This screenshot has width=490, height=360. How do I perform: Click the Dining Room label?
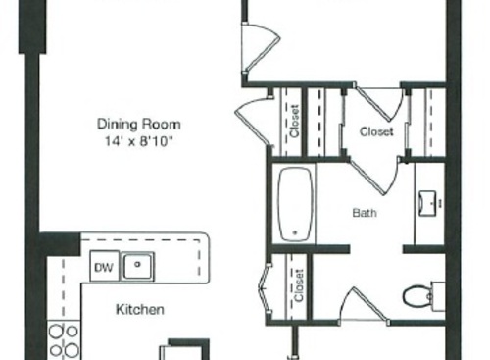138,125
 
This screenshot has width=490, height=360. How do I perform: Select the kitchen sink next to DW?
141,265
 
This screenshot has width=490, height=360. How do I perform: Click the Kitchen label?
140,310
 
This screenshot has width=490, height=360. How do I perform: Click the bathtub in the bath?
295,204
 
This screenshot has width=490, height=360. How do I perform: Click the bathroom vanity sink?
429,204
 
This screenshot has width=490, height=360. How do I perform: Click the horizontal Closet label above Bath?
376,130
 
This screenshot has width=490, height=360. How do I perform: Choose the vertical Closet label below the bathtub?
300,286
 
